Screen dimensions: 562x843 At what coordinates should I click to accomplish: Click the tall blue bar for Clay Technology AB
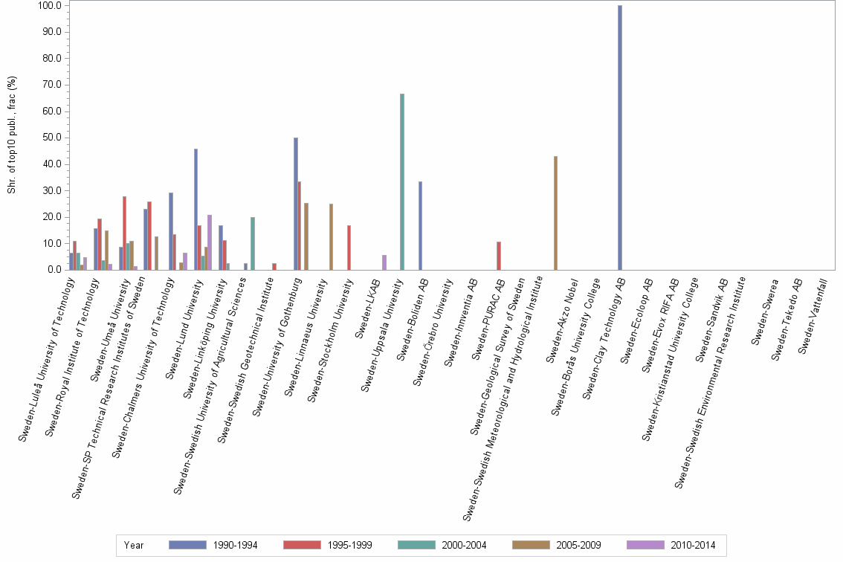point(620,138)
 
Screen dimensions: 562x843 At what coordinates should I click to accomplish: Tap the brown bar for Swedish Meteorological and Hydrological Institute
point(555,213)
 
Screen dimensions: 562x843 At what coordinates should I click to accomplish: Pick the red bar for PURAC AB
point(499,256)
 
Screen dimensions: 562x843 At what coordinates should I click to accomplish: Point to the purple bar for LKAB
point(384,262)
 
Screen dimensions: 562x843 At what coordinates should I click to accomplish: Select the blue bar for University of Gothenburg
point(296,204)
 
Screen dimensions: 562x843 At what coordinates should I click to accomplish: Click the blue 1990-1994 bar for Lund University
point(196,209)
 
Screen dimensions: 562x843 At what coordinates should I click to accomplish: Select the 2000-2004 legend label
point(463,546)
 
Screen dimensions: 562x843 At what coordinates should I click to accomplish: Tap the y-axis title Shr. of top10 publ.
point(12,138)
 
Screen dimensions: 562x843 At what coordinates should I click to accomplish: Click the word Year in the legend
point(134,546)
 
